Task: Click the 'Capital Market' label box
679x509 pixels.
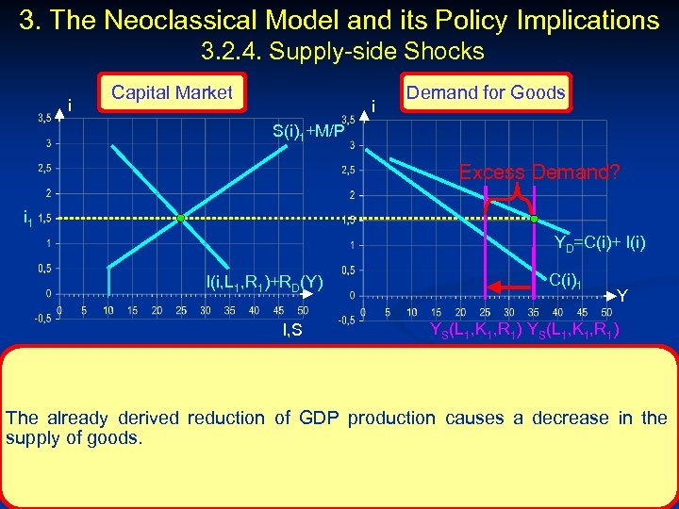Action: pyautogui.click(x=172, y=92)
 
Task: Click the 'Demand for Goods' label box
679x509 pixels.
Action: pyautogui.click(x=486, y=92)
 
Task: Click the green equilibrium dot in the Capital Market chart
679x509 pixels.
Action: pyautogui.click(x=180, y=218)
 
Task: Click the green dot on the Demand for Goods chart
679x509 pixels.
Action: pyautogui.click(x=534, y=218)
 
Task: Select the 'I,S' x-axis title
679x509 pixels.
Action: pyautogui.click(x=292, y=329)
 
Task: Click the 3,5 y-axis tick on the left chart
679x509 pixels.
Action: pyautogui.click(x=44, y=119)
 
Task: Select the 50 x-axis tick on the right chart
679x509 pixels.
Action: pyautogui.click(x=605, y=313)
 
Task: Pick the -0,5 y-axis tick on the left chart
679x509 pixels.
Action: pyautogui.click(x=41, y=318)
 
